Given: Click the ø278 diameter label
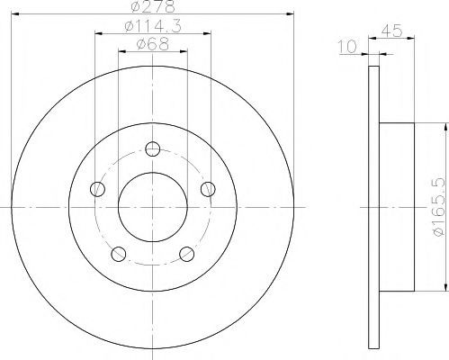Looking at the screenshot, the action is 153,6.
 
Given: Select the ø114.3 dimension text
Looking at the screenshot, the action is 153,26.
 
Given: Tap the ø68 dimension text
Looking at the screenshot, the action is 153,44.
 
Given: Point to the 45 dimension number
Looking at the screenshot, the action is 391,31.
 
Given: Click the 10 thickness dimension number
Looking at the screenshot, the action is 347,47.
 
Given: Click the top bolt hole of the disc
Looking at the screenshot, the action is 153,148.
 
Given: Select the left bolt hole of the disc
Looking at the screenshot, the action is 97,189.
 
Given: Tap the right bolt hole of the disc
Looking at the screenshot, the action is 208,189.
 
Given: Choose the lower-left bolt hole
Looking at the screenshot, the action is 119,254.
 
